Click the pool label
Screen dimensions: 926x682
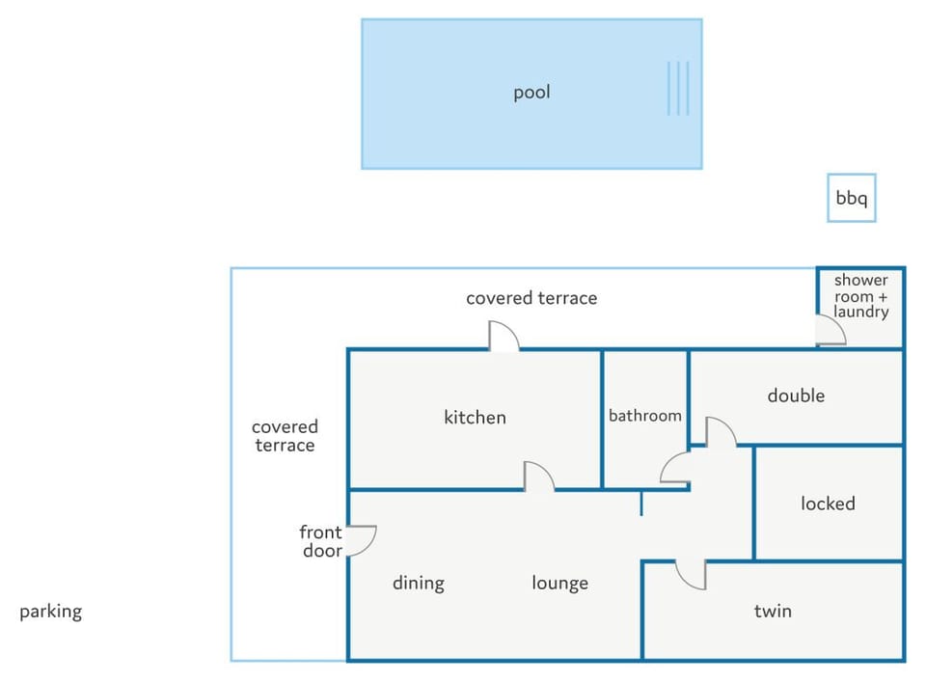click(x=531, y=92)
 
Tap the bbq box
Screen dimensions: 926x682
click(x=851, y=198)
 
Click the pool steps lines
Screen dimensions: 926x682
click(x=678, y=89)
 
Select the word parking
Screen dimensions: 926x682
click(x=51, y=612)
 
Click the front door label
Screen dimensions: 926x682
click(x=320, y=541)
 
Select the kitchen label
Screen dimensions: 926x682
click(x=475, y=418)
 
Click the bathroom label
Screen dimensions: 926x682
click(x=645, y=416)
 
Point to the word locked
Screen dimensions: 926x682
click(x=828, y=504)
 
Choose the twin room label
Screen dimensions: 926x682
click(x=773, y=611)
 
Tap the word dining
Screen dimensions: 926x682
click(x=419, y=584)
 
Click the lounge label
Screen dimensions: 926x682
click(x=559, y=584)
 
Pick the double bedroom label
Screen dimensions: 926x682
click(x=796, y=396)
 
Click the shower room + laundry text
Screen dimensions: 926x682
click(x=861, y=296)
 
